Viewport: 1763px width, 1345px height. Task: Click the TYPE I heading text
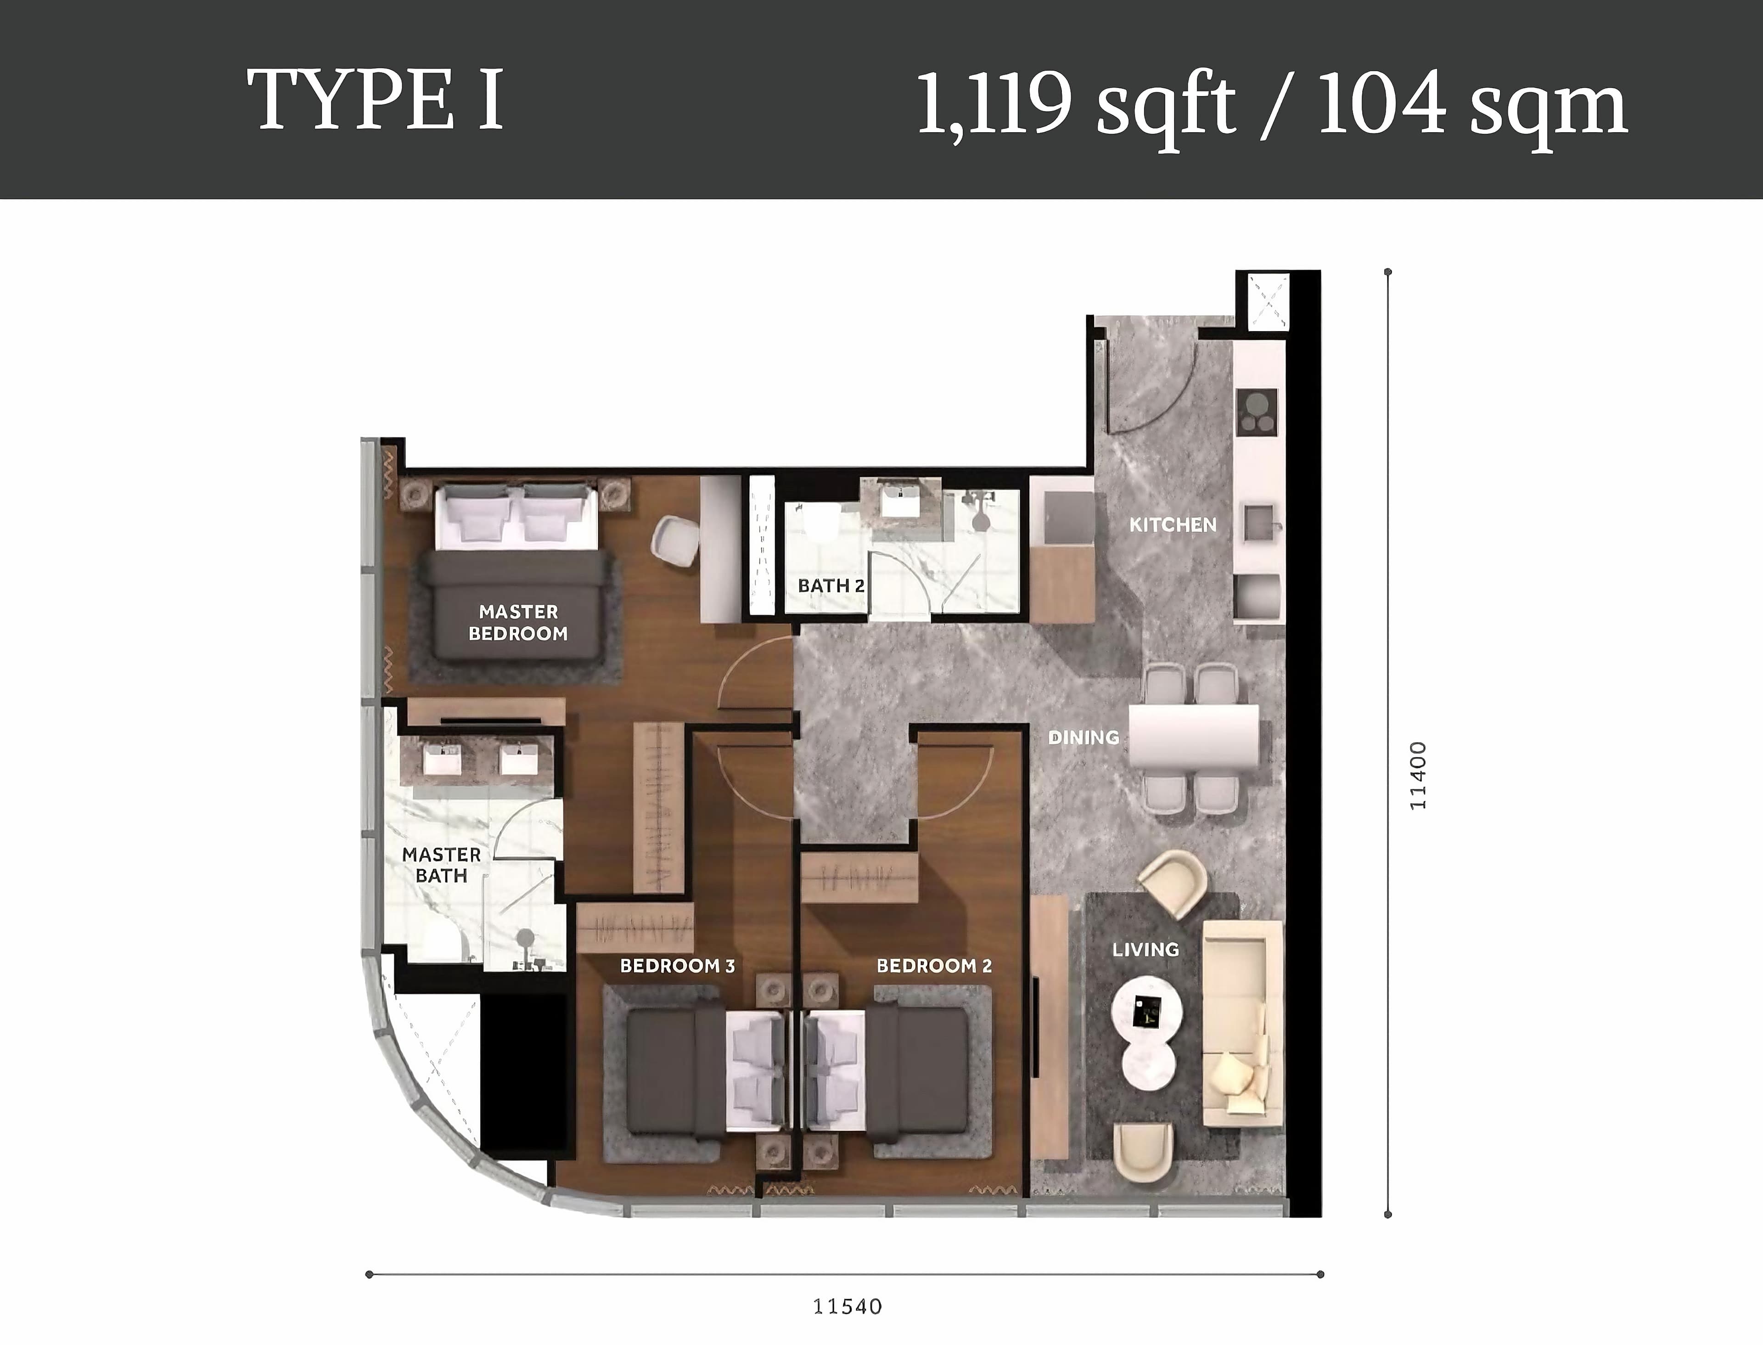pyautogui.click(x=376, y=101)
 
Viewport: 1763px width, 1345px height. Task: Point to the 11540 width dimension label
pyautogui.click(x=848, y=1306)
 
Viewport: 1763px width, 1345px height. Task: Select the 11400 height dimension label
pyautogui.click(x=1417, y=776)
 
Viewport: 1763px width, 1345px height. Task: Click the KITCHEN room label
pyautogui.click(x=1173, y=525)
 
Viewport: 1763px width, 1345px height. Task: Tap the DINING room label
pyautogui.click(x=1084, y=737)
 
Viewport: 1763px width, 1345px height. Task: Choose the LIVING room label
pyautogui.click(x=1145, y=950)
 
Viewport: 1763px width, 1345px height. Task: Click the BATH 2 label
pyautogui.click(x=831, y=586)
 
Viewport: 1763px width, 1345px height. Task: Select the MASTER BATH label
pyautogui.click(x=441, y=866)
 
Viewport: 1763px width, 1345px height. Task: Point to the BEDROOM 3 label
pyautogui.click(x=677, y=966)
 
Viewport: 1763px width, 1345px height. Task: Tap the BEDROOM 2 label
pyautogui.click(x=934, y=966)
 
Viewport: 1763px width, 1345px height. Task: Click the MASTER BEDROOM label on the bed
pyautogui.click(x=518, y=623)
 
